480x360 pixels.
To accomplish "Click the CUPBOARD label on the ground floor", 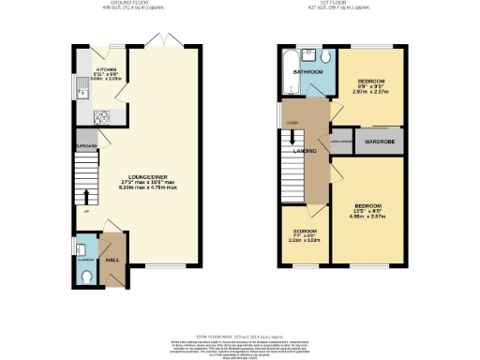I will tap(86, 145).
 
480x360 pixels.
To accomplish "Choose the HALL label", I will tap(112, 259).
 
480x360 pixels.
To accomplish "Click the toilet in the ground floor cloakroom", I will tap(85, 277).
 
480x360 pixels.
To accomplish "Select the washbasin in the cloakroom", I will tap(82, 249).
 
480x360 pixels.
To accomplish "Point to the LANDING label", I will tap(305, 151).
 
